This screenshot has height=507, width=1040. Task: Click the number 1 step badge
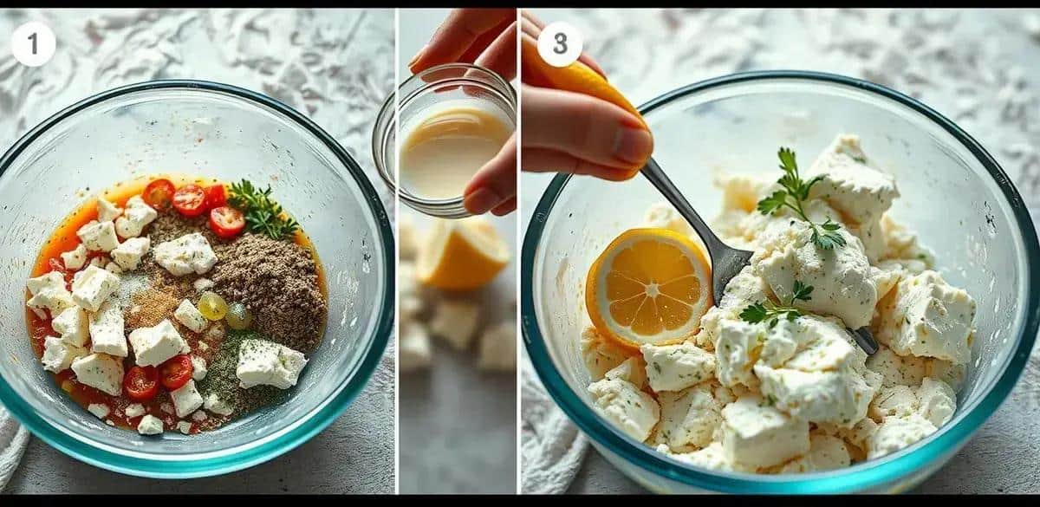34,43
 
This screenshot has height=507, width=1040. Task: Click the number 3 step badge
560,44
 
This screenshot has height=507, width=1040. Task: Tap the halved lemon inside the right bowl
650,289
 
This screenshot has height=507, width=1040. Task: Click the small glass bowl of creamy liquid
445,140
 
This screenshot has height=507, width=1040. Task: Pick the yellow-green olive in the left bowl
211,306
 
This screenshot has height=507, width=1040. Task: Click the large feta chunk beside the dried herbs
270,363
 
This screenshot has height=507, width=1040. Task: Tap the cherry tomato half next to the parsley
227,222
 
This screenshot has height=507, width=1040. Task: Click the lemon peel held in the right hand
581,79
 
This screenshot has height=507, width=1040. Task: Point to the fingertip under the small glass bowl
485,198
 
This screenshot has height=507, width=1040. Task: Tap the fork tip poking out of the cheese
863,341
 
